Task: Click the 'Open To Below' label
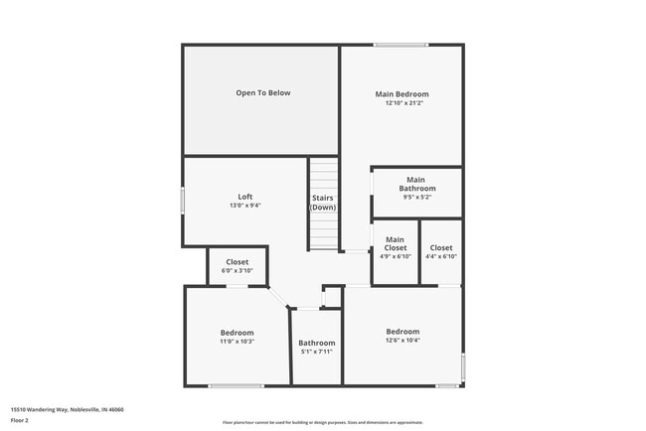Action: coord(263,93)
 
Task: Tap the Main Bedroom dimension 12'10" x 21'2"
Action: coord(403,103)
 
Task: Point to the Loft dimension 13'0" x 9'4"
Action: coord(244,206)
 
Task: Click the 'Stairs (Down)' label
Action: coord(323,202)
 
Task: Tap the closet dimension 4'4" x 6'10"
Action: coord(440,256)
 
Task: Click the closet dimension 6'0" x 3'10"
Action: coord(237,271)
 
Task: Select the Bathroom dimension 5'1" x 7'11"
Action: coord(316,352)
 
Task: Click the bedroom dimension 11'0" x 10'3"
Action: coord(237,342)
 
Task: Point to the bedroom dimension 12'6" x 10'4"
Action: coord(403,341)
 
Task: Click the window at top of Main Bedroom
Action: coord(402,44)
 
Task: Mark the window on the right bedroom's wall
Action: coord(463,366)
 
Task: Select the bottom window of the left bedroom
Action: coord(237,386)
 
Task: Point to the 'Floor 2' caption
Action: coord(21,420)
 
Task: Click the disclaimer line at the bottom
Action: coord(323,423)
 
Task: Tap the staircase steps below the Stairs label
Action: coord(323,233)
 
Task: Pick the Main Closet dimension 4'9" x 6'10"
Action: coord(395,256)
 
